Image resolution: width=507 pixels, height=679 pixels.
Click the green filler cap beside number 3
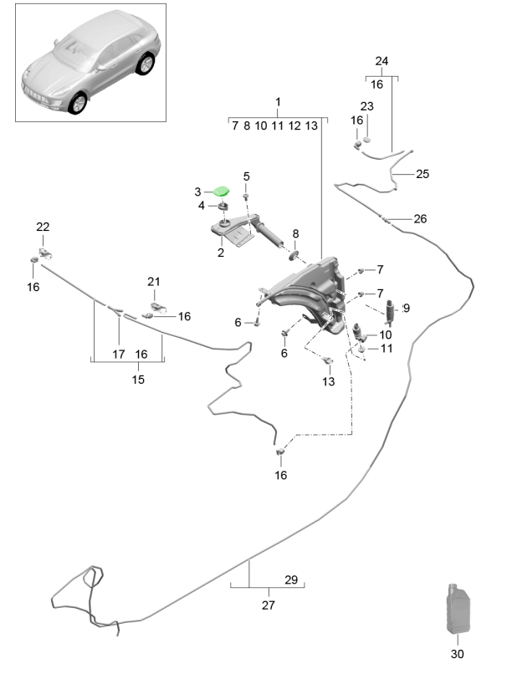pyautogui.click(x=223, y=192)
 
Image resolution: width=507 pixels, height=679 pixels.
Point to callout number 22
pyautogui.click(x=43, y=227)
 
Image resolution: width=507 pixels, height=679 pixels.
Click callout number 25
pyautogui.click(x=422, y=174)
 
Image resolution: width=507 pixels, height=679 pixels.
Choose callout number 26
pyautogui.click(x=420, y=219)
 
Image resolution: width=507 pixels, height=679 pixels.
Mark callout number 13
pyautogui.click(x=327, y=381)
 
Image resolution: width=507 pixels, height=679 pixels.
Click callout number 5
pyautogui.click(x=247, y=176)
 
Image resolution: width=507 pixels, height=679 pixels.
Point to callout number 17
pyautogui.click(x=118, y=354)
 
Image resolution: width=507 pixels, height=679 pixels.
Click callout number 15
pyautogui.click(x=138, y=380)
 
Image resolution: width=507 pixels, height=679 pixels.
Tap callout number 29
pyautogui.click(x=291, y=579)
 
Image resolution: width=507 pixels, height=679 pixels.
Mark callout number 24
pyautogui.click(x=382, y=61)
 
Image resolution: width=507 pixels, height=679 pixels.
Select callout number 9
pyautogui.click(x=407, y=309)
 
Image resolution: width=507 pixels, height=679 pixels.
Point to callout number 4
pyautogui.click(x=201, y=206)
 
